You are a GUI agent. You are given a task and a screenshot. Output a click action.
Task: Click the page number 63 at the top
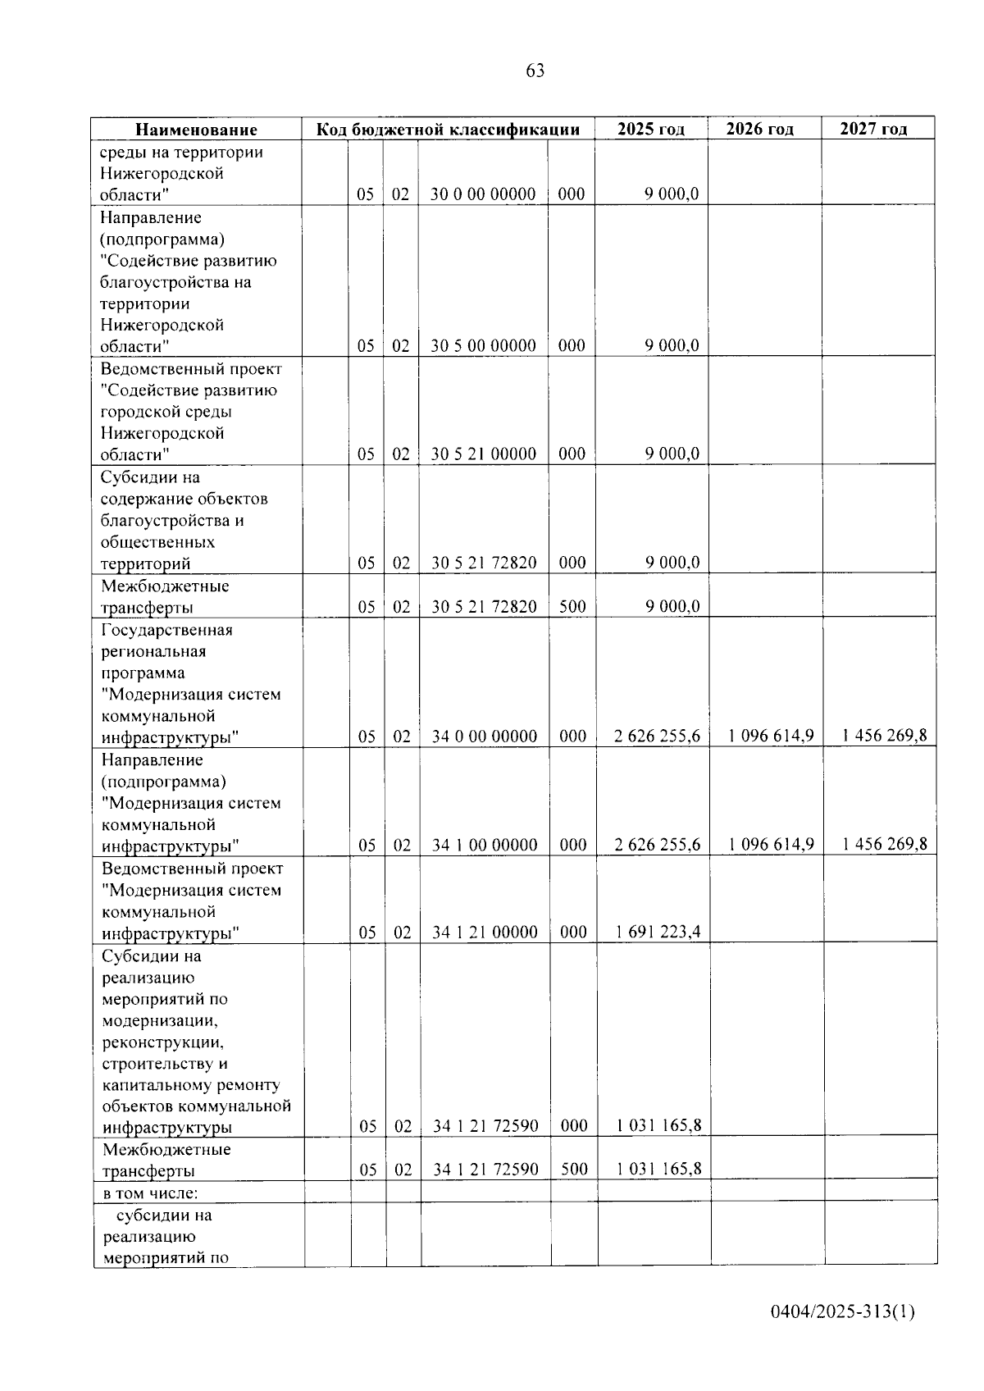point(535,71)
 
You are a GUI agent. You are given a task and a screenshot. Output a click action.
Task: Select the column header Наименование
point(196,130)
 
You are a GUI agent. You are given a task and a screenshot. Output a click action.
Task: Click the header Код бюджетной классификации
point(449,130)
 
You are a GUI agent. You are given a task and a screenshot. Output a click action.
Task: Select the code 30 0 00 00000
point(483,194)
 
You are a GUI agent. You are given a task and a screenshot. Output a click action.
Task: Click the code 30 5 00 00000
point(483,345)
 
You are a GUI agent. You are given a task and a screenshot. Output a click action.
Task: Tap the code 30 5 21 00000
point(483,454)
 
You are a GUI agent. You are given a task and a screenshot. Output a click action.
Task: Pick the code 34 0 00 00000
point(485,737)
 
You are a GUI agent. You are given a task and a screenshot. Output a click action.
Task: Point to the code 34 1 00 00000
point(485,845)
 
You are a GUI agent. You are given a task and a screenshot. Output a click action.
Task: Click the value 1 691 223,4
point(658,932)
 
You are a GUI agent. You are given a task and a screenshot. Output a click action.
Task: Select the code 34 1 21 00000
point(485,932)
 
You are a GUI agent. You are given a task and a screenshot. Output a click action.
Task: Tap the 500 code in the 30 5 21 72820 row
point(572,607)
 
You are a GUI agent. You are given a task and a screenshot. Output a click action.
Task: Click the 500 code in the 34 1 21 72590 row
point(574,1169)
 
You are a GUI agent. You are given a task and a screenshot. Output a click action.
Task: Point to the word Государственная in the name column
point(167,630)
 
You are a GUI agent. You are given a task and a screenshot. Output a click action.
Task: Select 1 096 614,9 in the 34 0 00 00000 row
point(771,736)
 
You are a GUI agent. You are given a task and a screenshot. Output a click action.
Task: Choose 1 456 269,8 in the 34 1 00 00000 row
point(885,844)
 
